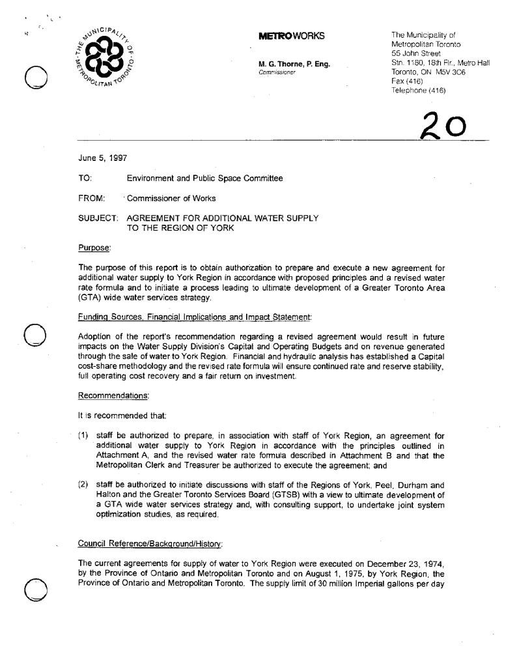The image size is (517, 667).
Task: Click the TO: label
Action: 85,178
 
